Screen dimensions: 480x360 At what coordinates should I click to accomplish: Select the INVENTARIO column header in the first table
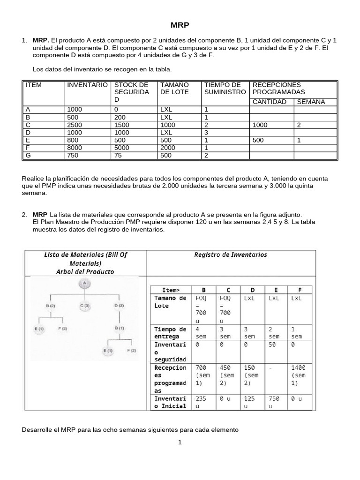coord(87,85)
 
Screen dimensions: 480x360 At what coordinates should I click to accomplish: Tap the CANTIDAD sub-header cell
coord(270,102)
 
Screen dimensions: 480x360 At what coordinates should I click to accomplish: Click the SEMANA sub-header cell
coord(311,102)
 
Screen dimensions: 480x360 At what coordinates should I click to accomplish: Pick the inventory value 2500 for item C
coord(75,125)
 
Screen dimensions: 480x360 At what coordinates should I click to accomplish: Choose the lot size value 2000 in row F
coord(168,148)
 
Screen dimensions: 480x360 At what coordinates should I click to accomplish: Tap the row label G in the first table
coord(28,155)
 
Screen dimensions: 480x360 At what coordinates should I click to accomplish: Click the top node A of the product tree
coord(84,283)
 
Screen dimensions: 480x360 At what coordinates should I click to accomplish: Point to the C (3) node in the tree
coord(84,306)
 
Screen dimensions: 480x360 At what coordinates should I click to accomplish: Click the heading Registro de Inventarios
coord(231,255)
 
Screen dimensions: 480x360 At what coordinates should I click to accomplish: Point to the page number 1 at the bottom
coord(180,442)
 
